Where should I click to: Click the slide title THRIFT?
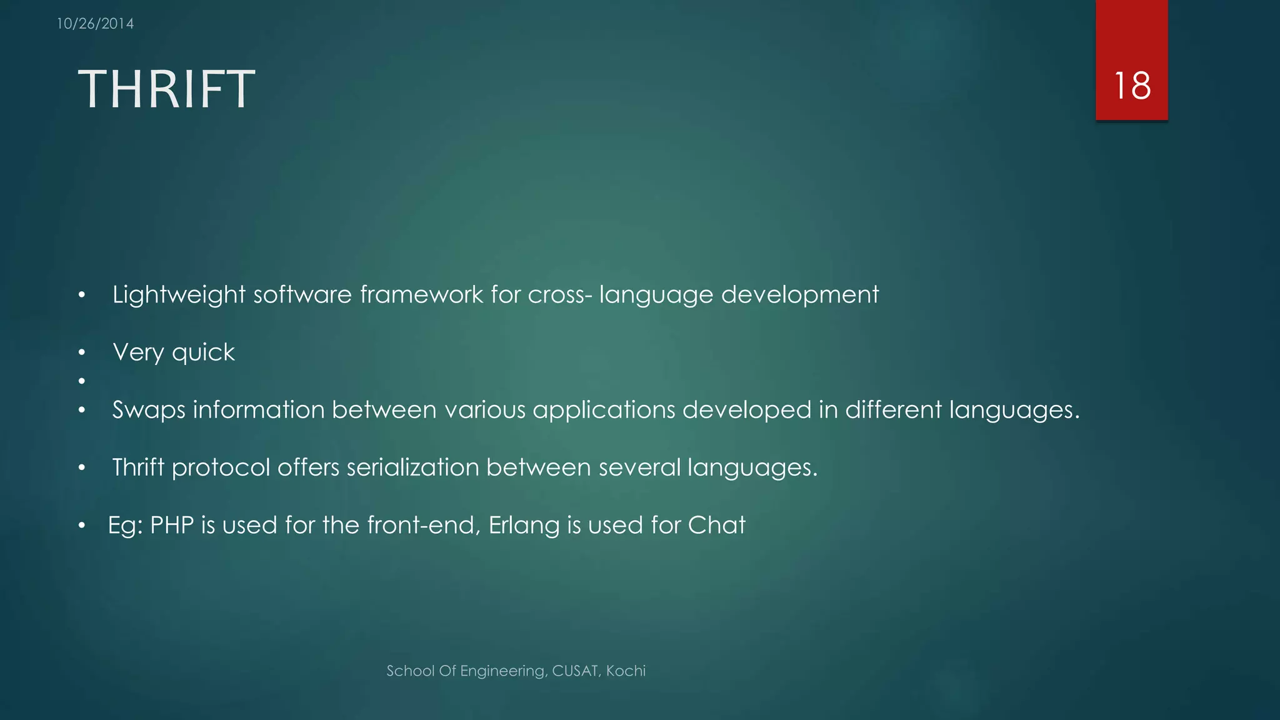point(166,89)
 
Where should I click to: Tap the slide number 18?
point(1132,86)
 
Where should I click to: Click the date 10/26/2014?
point(95,24)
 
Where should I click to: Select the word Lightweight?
point(179,294)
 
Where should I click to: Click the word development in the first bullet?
point(799,294)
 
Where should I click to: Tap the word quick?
point(203,352)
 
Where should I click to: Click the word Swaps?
point(149,410)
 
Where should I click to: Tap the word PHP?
point(172,525)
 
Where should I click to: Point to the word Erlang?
point(524,525)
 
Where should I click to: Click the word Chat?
point(716,525)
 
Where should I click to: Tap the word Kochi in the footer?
point(626,671)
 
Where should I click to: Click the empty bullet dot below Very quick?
point(81,381)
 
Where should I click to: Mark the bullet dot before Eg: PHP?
point(81,526)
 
